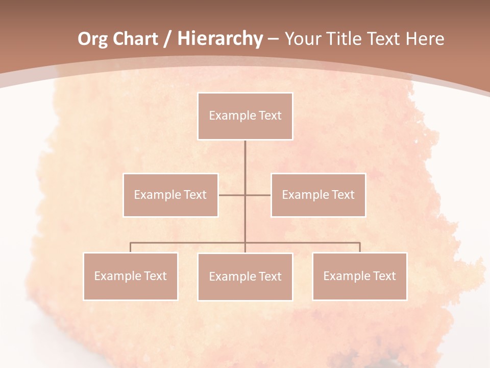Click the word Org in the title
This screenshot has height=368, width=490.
(x=92, y=39)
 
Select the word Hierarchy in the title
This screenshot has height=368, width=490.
(x=219, y=39)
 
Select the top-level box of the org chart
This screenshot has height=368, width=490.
(x=245, y=116)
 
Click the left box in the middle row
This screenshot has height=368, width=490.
(x=170, y=195)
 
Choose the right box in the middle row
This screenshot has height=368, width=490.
(x=318, y=195)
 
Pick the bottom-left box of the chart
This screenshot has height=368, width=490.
(x=131, y=277)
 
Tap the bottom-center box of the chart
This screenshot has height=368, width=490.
(x=245, y=277)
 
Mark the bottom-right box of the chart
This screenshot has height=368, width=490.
(x=359, y=277)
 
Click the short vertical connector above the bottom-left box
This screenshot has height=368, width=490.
(x=131, y=247)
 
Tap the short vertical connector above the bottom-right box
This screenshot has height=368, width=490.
(x=359, y=247)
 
